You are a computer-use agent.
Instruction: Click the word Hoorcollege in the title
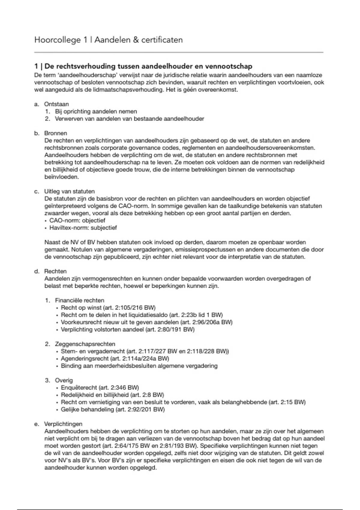(x=58, y=40)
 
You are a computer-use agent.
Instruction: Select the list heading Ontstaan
(x=56, y=104)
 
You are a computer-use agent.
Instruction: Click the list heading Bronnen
(x=55, y=133)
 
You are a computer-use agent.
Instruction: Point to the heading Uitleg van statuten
(x=69, y=191)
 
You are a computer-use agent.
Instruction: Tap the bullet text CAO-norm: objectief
(x=77, y=220)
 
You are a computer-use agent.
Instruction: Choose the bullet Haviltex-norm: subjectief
(x=83, y=228)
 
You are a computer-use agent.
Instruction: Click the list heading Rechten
(x=55, y=271)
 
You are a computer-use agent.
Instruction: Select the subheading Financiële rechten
(x=79, y=300)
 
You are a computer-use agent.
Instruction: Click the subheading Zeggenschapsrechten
(x=85, y=344)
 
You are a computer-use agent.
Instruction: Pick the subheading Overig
(x=64, y=380)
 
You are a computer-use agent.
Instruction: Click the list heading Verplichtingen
(x=63, y=424)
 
